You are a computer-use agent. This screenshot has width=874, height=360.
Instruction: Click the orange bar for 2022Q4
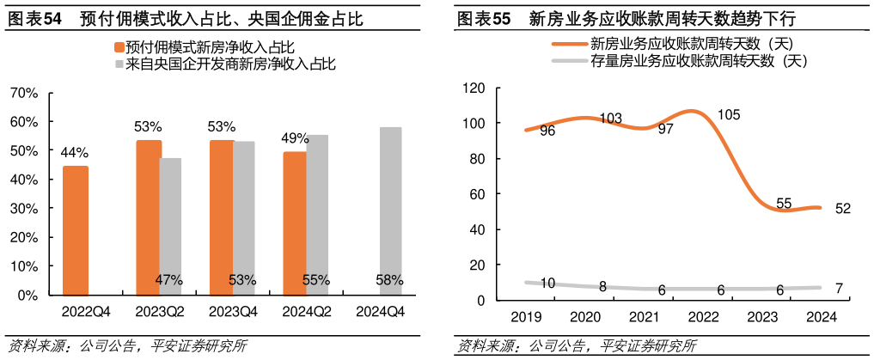pyautogui.click(x=76, y=230)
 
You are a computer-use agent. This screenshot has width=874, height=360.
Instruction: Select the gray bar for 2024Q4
pyautogui.click(x=390, y=211)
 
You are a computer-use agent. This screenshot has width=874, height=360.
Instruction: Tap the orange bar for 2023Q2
pyautogui.click(x=149, y=217)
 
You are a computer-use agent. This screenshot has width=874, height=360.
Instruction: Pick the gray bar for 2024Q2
pyautogui.click(x=317, y=215)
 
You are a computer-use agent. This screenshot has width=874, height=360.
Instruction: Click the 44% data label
pyautogui.click(x=75, y=153)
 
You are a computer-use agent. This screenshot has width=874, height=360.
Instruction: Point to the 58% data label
pyautogui.click(x=390, y=280)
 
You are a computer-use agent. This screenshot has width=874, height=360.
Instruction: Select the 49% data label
pyautogui.click(x=296, y=138)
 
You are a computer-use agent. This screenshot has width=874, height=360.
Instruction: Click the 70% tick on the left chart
pyautogui.click(x=25, y=93)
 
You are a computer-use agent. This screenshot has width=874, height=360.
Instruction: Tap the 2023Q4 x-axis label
pyautogui.click(x=233, y=312)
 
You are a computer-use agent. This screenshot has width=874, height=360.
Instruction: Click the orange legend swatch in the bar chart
pyautogui.click(x=119, y=46)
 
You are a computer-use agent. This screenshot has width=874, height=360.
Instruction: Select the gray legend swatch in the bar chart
pyautogui.click(x=119, y=64)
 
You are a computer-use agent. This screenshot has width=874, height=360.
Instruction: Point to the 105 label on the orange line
pyautogui.click(x=729, y=115)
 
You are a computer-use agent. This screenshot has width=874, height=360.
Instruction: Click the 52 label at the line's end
pyautogui.click(x=842, y=209)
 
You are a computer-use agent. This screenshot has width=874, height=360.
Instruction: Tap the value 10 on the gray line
pyautogui.click(x=547, y=284)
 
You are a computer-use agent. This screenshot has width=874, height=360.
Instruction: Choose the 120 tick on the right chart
pyautogui.click(x=474, y=88)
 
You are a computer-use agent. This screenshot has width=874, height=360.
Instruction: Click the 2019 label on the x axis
pyautogui.click(x=526, y=317)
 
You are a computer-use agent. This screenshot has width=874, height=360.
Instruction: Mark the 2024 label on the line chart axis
pyautogui.click(x=821, y=317)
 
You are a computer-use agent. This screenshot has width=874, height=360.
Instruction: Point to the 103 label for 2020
pyautogui.click(x=611, y=119)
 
